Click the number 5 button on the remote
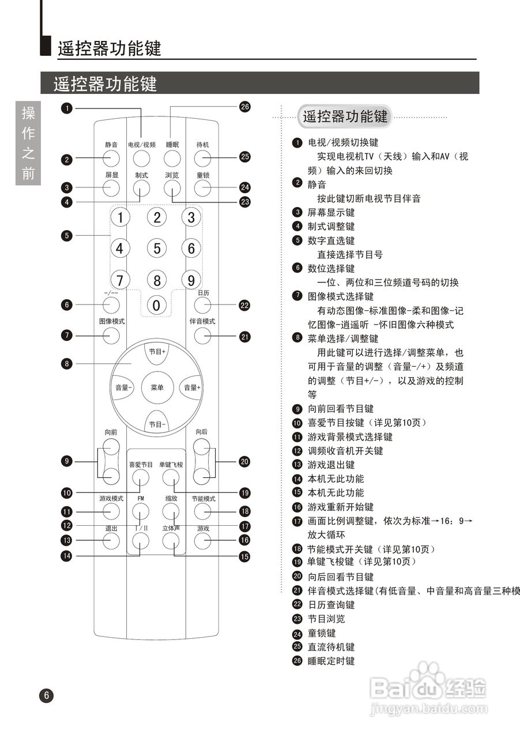pos(156,248)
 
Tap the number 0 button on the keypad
pos(156,306)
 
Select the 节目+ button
pos(157,352)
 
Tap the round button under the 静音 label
pos(111,157)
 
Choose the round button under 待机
pos(202,157)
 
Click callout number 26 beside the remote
pos(244,107)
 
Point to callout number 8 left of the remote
pos(67,363)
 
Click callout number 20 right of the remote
pos(244,461)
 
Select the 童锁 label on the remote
pos(202,175)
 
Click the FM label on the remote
pos(140,498)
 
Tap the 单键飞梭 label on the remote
pos(171,465)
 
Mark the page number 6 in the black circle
pos(46,696)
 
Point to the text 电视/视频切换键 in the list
pos(343,142)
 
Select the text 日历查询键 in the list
pos(331,605)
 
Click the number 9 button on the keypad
pos(191,280)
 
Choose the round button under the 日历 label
pos(202,306)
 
